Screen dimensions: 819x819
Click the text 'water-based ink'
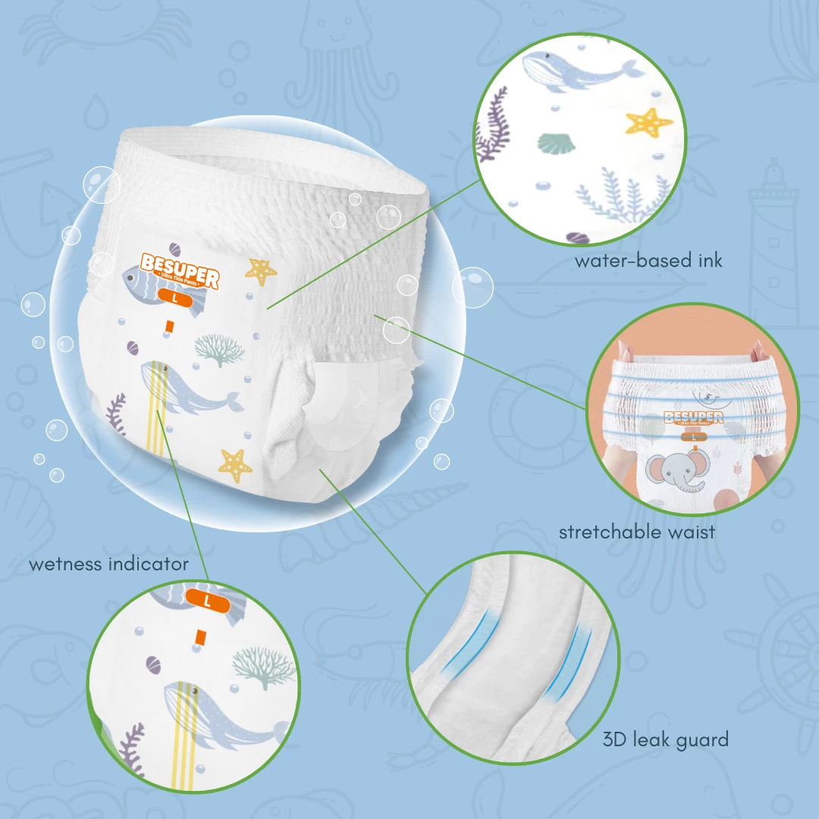(x=648, y=261)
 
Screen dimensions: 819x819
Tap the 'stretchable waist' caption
(x=636, y=532)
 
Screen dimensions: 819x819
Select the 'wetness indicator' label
(x=108, y=564)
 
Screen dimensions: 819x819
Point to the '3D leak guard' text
(x=665, y=739)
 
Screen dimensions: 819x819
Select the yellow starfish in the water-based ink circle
(x=648, y=121)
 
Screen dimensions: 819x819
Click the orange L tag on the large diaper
(x=176, y=298)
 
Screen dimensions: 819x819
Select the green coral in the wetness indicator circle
(x=262, y=664)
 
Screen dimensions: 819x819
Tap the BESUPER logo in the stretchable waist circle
(x=693, y=418)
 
